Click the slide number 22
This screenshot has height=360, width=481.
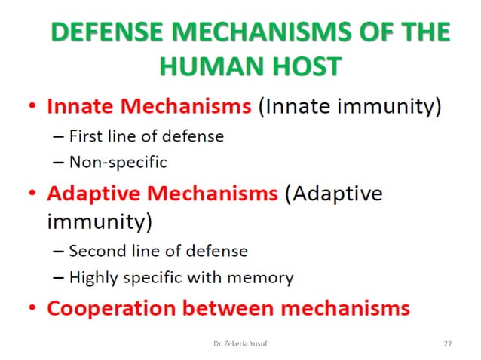(x=447, y=343)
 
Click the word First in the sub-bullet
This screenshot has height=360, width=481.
(x=84, y=137)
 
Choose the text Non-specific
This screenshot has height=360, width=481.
(x=118, y=161)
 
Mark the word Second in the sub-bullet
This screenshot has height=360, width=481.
(x=94, y=251)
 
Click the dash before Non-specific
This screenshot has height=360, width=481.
(x=59, y=161)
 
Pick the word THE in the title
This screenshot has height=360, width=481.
(x=419, y=33)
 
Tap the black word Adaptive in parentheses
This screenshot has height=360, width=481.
(x=337, y=194)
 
